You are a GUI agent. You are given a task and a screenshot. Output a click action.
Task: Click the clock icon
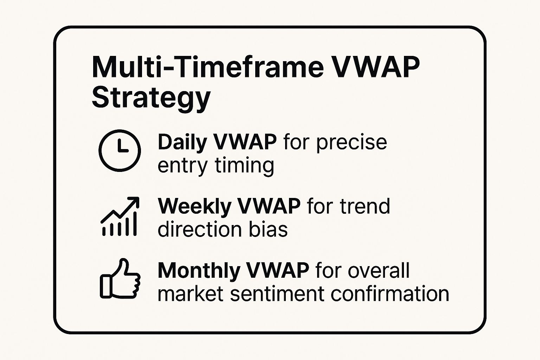pos(120,150)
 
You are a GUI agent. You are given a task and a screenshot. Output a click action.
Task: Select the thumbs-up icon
pos(120,280)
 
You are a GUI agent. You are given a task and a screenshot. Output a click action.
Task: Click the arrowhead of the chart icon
pos(135,202)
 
